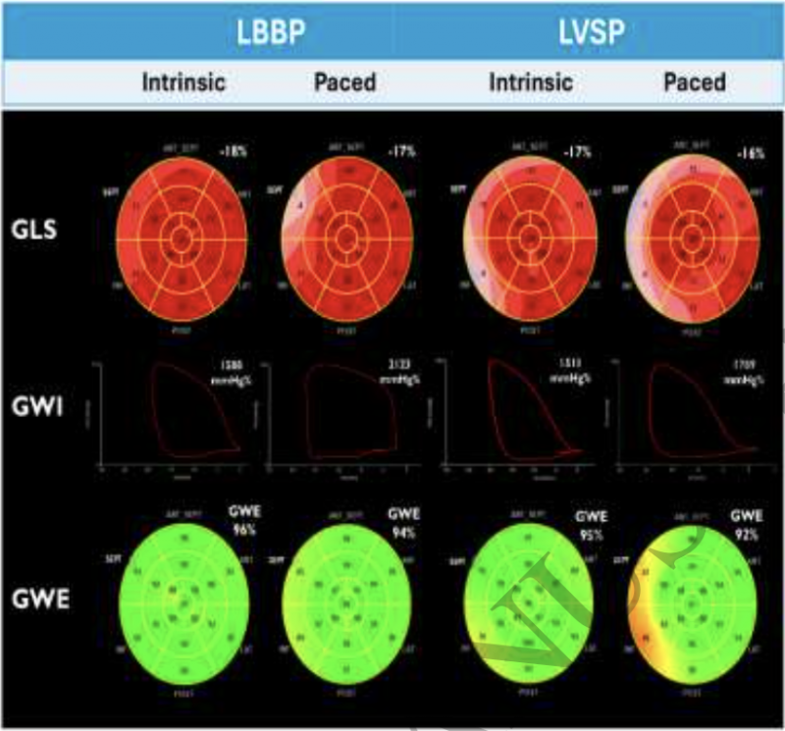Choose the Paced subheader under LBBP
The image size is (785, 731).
click(x=344, y=81)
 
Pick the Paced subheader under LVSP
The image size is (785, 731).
click(x=694, y=81)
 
